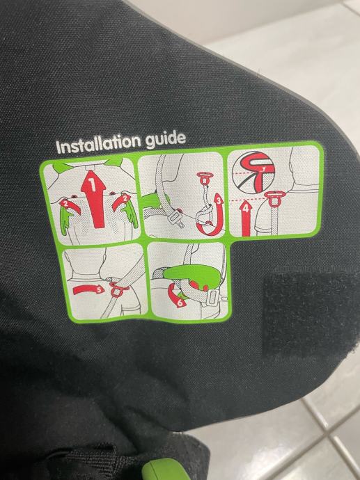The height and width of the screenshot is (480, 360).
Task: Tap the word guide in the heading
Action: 166,139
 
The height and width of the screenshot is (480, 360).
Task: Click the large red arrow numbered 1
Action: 94,198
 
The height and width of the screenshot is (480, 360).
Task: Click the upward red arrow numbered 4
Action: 246,218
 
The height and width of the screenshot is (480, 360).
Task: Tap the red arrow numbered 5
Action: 87,289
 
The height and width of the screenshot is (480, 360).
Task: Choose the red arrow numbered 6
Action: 176,296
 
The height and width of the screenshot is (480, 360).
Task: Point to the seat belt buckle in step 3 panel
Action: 176,218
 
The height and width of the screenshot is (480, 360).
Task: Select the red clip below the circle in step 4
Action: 274,198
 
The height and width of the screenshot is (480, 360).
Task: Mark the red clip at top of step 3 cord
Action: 204,178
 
